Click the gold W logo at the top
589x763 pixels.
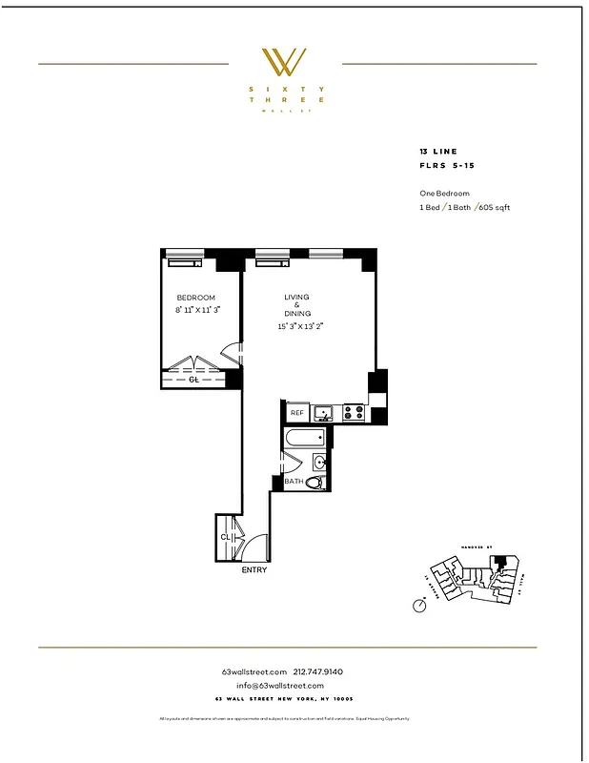284,62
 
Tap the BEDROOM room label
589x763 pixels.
195,298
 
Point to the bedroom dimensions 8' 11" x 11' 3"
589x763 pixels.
198,310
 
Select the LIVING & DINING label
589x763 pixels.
296,305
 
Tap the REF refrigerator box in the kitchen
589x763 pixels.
296,413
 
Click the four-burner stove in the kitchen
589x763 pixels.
353,412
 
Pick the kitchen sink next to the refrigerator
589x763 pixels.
325,413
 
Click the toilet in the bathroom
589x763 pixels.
313,483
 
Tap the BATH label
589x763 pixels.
294,482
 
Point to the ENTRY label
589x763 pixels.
254,570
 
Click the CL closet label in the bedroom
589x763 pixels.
193,379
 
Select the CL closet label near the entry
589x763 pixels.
225,537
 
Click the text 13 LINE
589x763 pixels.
437,152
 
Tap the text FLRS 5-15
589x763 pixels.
446,165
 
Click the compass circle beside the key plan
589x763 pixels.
419,606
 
